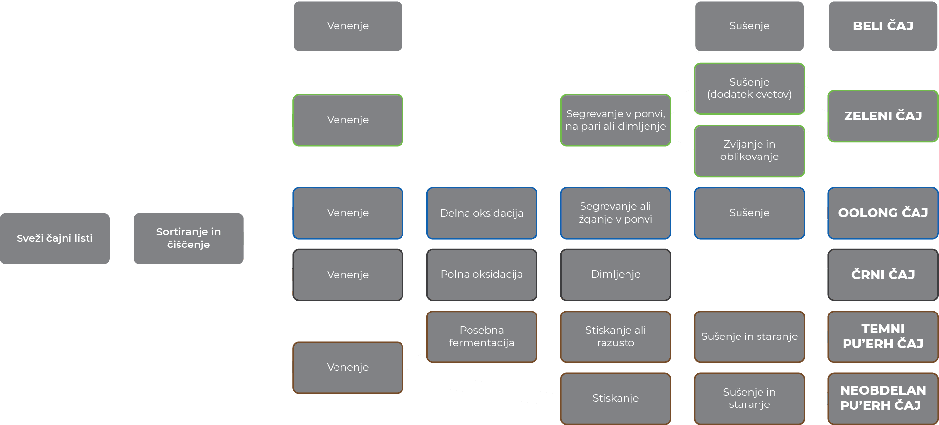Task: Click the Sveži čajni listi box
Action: coord(55,238)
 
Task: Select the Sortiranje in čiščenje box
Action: coord(188,238)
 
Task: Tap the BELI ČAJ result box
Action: coord(883,26)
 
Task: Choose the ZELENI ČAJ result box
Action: coord(883,116)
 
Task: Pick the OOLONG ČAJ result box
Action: coord(883,213)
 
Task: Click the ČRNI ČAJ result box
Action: coord(883,275)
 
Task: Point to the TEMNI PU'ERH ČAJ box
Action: coord(883,336)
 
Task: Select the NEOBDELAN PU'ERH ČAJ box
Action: coord(883,398)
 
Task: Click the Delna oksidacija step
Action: coord(482,213)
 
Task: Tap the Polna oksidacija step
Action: coord(482,275)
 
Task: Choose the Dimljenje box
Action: coord(615,275)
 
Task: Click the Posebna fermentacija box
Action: coord(482,336)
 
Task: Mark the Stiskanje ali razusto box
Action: coord(615,336)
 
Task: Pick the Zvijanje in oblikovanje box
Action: coord(749,151)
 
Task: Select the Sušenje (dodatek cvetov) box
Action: coord(749,89)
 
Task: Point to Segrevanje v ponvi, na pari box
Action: coord(615,120)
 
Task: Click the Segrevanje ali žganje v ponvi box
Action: coord(615,213)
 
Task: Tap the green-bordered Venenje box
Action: coord(348,120)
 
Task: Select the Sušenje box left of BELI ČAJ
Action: coord(749,26)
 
